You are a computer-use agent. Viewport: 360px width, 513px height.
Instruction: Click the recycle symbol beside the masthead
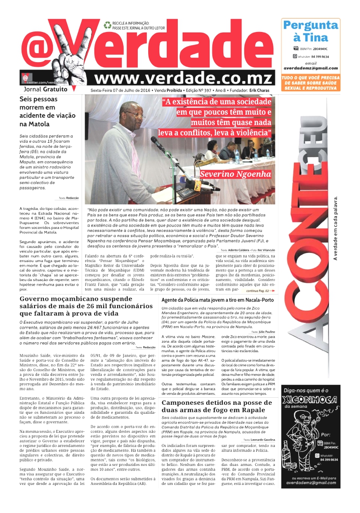coord(107,24)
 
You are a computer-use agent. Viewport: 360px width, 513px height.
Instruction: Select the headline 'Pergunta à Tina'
coord(310,31)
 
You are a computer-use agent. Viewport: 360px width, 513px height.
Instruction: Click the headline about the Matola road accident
coord(45,112)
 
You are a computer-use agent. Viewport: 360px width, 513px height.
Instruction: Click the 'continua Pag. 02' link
coord(260,291)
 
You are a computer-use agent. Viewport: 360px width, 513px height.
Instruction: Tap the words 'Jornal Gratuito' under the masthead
coord(47,89)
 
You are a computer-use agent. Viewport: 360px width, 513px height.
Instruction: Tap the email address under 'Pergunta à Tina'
coord(310,68)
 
